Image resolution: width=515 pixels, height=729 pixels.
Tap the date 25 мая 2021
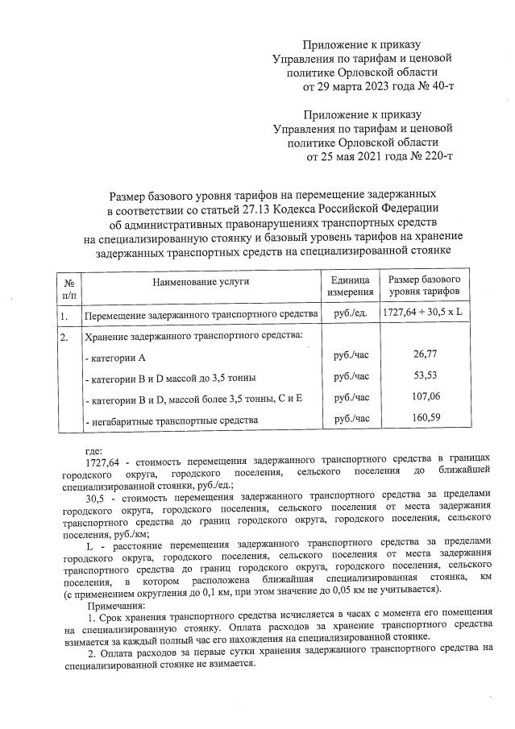click(356, 155)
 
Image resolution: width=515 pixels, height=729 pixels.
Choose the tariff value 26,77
click(424, 354)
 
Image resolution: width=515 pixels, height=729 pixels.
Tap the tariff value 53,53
click(424, 376)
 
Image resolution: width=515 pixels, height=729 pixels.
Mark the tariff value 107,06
click(424, 397)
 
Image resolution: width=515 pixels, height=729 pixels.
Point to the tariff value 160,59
click(424, 419)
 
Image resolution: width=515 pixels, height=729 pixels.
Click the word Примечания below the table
click(116, 605)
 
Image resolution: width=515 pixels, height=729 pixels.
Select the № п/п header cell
click(69, 287)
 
